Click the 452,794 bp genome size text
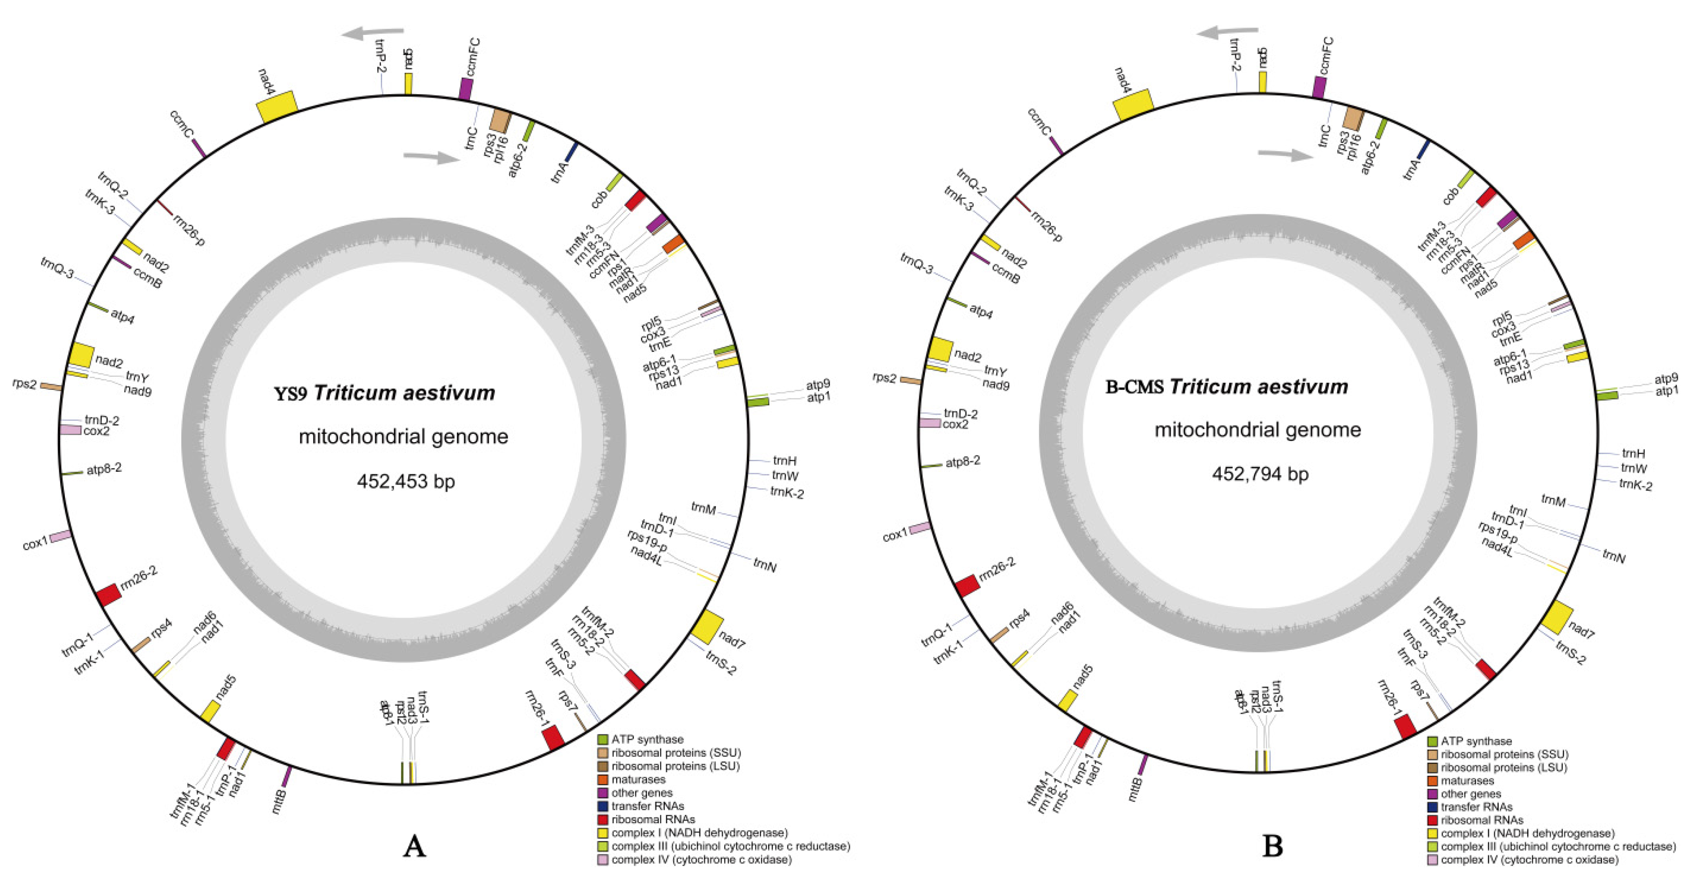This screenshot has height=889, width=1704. [x=1260, y=473]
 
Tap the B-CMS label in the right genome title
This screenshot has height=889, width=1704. [x=1134, y=387]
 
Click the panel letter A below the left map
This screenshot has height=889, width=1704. [x=414, y=846]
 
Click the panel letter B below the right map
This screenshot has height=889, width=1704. [x=1272, y=846]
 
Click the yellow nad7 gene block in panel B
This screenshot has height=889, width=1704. [x=1556, y=617]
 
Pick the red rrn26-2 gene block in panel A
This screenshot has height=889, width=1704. [x=108, y=595]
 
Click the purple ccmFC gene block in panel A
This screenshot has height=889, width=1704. [x=466, y=88]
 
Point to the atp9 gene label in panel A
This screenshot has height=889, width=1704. [x=818, y=384]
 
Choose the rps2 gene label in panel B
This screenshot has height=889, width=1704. [x=884, y=378]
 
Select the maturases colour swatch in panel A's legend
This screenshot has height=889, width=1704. [x=603, y=779]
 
